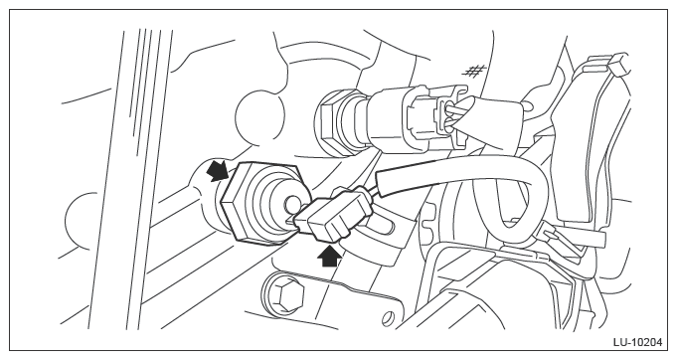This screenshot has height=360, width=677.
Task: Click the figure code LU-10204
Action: tap(637, 342)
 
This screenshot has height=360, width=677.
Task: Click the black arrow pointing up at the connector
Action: tap(329, 256)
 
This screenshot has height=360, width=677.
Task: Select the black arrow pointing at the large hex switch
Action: tap(217, 172)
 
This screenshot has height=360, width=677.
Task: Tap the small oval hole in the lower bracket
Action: tap(388, 318)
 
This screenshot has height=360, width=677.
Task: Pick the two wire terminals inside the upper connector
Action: tap(450, 115)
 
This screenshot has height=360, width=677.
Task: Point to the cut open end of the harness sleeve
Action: tap(381, 180)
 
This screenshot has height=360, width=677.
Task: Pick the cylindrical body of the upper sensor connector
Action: tap(389, 117)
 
